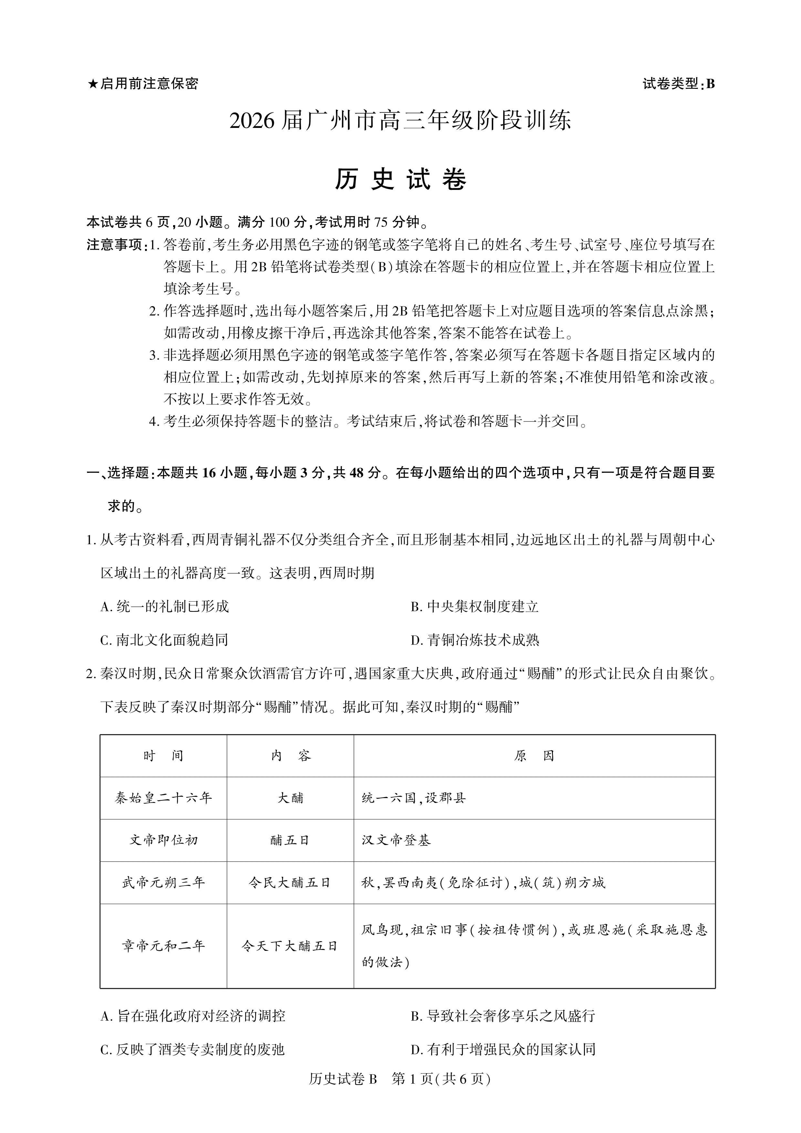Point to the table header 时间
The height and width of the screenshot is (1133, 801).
coord(163,756)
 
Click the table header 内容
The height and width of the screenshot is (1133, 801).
coord(291,756)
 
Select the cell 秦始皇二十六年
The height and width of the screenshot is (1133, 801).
coord(163,798)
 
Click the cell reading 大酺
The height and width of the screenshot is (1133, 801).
coord(291,798)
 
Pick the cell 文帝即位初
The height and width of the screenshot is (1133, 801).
coord(163,840)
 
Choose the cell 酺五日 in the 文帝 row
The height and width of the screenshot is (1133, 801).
coord(291,840)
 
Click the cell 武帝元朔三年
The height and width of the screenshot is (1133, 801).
coord(163,883)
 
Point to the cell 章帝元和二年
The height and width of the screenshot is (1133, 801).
coord(163,946)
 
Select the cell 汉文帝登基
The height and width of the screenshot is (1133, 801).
coord(396,840)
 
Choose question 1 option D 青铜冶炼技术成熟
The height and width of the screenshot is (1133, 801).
coord(475,640)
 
